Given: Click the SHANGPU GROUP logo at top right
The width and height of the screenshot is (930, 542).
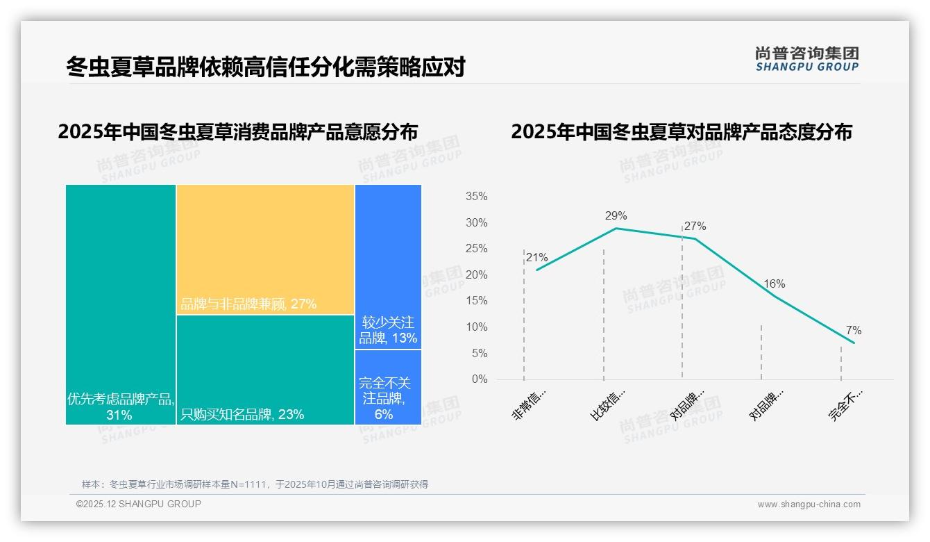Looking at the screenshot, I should (806, 59).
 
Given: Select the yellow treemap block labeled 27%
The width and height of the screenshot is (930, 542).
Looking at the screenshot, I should (265, 249).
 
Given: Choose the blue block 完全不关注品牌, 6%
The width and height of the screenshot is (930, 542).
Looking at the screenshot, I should (388, 387).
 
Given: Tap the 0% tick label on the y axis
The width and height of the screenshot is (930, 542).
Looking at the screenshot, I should (479, 379).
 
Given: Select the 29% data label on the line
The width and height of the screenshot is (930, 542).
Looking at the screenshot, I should (616, 215).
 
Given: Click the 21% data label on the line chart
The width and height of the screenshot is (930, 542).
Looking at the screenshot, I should (536, 257).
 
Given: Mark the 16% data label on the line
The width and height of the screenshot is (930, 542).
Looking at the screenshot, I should (774, 284).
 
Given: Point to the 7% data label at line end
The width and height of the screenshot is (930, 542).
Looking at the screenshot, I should (853, 330).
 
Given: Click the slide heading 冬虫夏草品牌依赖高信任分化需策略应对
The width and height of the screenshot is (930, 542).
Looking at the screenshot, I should (265, 67).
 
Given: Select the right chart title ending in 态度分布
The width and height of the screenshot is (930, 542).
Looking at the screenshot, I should (681, 132).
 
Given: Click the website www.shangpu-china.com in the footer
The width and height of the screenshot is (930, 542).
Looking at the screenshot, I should (809, 504).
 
